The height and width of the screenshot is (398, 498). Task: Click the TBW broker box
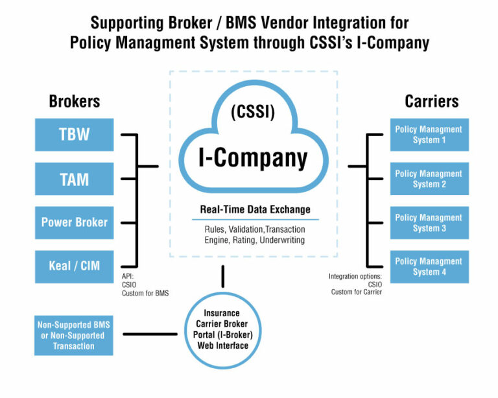[x=74, y=135]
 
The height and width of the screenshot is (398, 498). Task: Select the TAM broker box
[x=74, y=179]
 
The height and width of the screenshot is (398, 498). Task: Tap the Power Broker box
[x=74, y=222]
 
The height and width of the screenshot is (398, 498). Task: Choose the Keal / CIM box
[x=74, y=266]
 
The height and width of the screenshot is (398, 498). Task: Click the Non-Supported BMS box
[x=70, y=336]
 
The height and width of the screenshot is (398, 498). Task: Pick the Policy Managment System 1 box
[x=429, y=135]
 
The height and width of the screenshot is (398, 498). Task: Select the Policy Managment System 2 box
[x=429, y=179]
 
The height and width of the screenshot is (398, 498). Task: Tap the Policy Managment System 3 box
[x=429, y=222]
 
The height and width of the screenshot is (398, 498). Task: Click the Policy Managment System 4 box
[x=429, y=266]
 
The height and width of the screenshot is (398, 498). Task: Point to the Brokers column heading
[x=75, y=101]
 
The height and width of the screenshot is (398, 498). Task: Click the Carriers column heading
[x=431, y=101]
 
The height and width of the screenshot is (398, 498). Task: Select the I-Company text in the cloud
[x=253, y=158]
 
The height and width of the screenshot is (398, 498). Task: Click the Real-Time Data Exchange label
[x=255, y=209]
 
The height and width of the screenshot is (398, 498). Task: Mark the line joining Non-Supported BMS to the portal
[x=150, y=334]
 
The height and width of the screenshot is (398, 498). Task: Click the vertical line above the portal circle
[x=223, y=276]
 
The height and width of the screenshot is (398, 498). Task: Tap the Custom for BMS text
[x=145, y=293]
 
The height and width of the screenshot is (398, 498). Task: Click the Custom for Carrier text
[x=357, y=292]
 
